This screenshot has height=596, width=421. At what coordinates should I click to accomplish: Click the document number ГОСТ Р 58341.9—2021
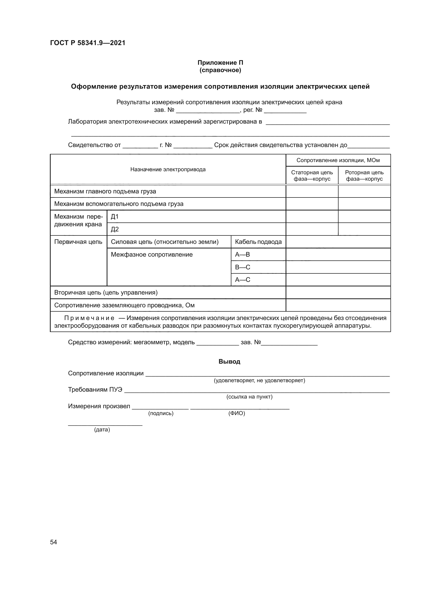click(88, 43)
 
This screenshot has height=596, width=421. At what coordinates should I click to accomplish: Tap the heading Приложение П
click(220, 63)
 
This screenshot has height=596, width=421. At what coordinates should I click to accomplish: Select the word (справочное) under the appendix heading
click(220, 70)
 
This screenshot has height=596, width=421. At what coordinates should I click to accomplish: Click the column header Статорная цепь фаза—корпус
click(312, 176)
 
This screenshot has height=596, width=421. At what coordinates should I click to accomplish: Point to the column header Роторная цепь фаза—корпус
click(364, 176)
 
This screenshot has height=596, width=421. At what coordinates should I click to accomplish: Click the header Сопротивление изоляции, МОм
click(338, 160)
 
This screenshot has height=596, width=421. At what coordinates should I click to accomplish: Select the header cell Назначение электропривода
click(168, 169)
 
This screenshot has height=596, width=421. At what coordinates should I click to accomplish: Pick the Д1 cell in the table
click(115, 217)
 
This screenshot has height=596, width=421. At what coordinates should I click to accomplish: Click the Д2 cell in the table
click(115, 229)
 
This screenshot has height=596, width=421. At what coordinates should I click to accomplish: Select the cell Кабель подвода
click(258, 242)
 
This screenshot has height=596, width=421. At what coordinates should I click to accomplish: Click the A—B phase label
click(242, 254)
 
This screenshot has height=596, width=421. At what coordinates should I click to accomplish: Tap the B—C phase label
click(242, 267)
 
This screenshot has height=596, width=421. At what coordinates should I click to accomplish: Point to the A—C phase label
click(242, 280)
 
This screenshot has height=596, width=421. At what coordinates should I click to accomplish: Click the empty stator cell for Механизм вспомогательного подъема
click(312, 204)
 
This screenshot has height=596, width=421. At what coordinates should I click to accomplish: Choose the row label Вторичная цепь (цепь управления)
click(106, 293)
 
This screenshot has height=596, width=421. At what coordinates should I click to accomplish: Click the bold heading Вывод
click(229, 362)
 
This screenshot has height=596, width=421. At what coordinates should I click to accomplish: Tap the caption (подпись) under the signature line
click(161, 413)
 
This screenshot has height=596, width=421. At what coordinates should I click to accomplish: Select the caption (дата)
click(102, 430)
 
